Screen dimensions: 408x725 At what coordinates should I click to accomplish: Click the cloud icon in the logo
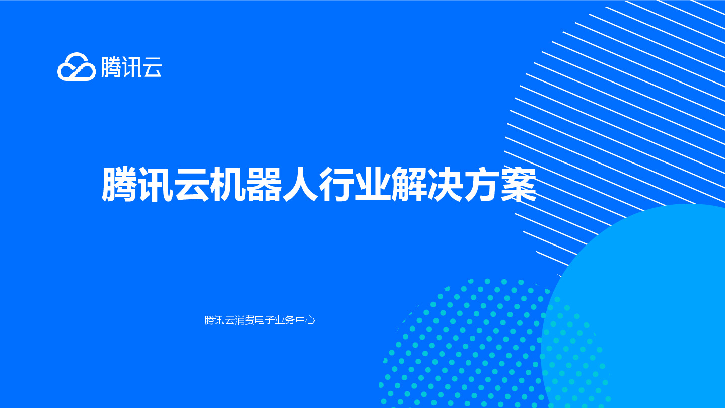point(76,67)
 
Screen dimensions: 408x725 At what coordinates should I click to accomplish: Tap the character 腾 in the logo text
point(111,67)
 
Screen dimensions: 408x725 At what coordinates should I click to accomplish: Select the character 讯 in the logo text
point(131,67)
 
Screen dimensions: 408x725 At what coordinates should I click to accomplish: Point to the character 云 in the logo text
point(152,67)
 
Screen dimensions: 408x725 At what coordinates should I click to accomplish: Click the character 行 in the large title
point(337,185)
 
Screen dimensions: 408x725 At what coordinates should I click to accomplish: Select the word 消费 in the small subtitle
point(245,320)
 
